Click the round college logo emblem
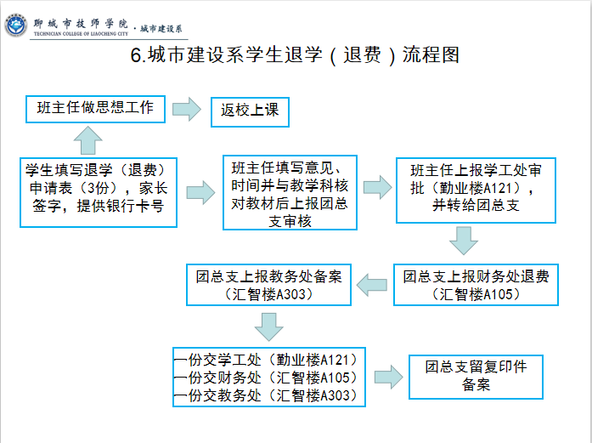[x=15, y=26]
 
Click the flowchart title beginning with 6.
[x=295, y=55]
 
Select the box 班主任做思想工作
[x=95, y=109]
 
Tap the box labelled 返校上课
[x=250, y=112]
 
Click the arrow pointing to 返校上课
[x=187, y=110]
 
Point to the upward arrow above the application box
[x=88, y=140]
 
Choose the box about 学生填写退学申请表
[x=99, y=192]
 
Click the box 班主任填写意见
[x=290, y=192]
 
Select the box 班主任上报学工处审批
[x=476, y=190]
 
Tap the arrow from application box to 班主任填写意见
[x=200, y=192]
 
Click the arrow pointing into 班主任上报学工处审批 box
[x=378, y=187]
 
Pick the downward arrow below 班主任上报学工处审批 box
[x=464, y=241]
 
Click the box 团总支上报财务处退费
[x=476, y=285]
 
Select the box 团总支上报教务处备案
[x=268, y=285]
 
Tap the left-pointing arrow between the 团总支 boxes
[x=372, y=285]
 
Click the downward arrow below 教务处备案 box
[x=268, y=327]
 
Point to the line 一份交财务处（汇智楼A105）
[x=265, y=378]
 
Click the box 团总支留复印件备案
[x=476, y=377]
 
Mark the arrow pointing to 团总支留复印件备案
[x=389, y=377]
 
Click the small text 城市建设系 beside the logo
[x=161, y=29]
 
